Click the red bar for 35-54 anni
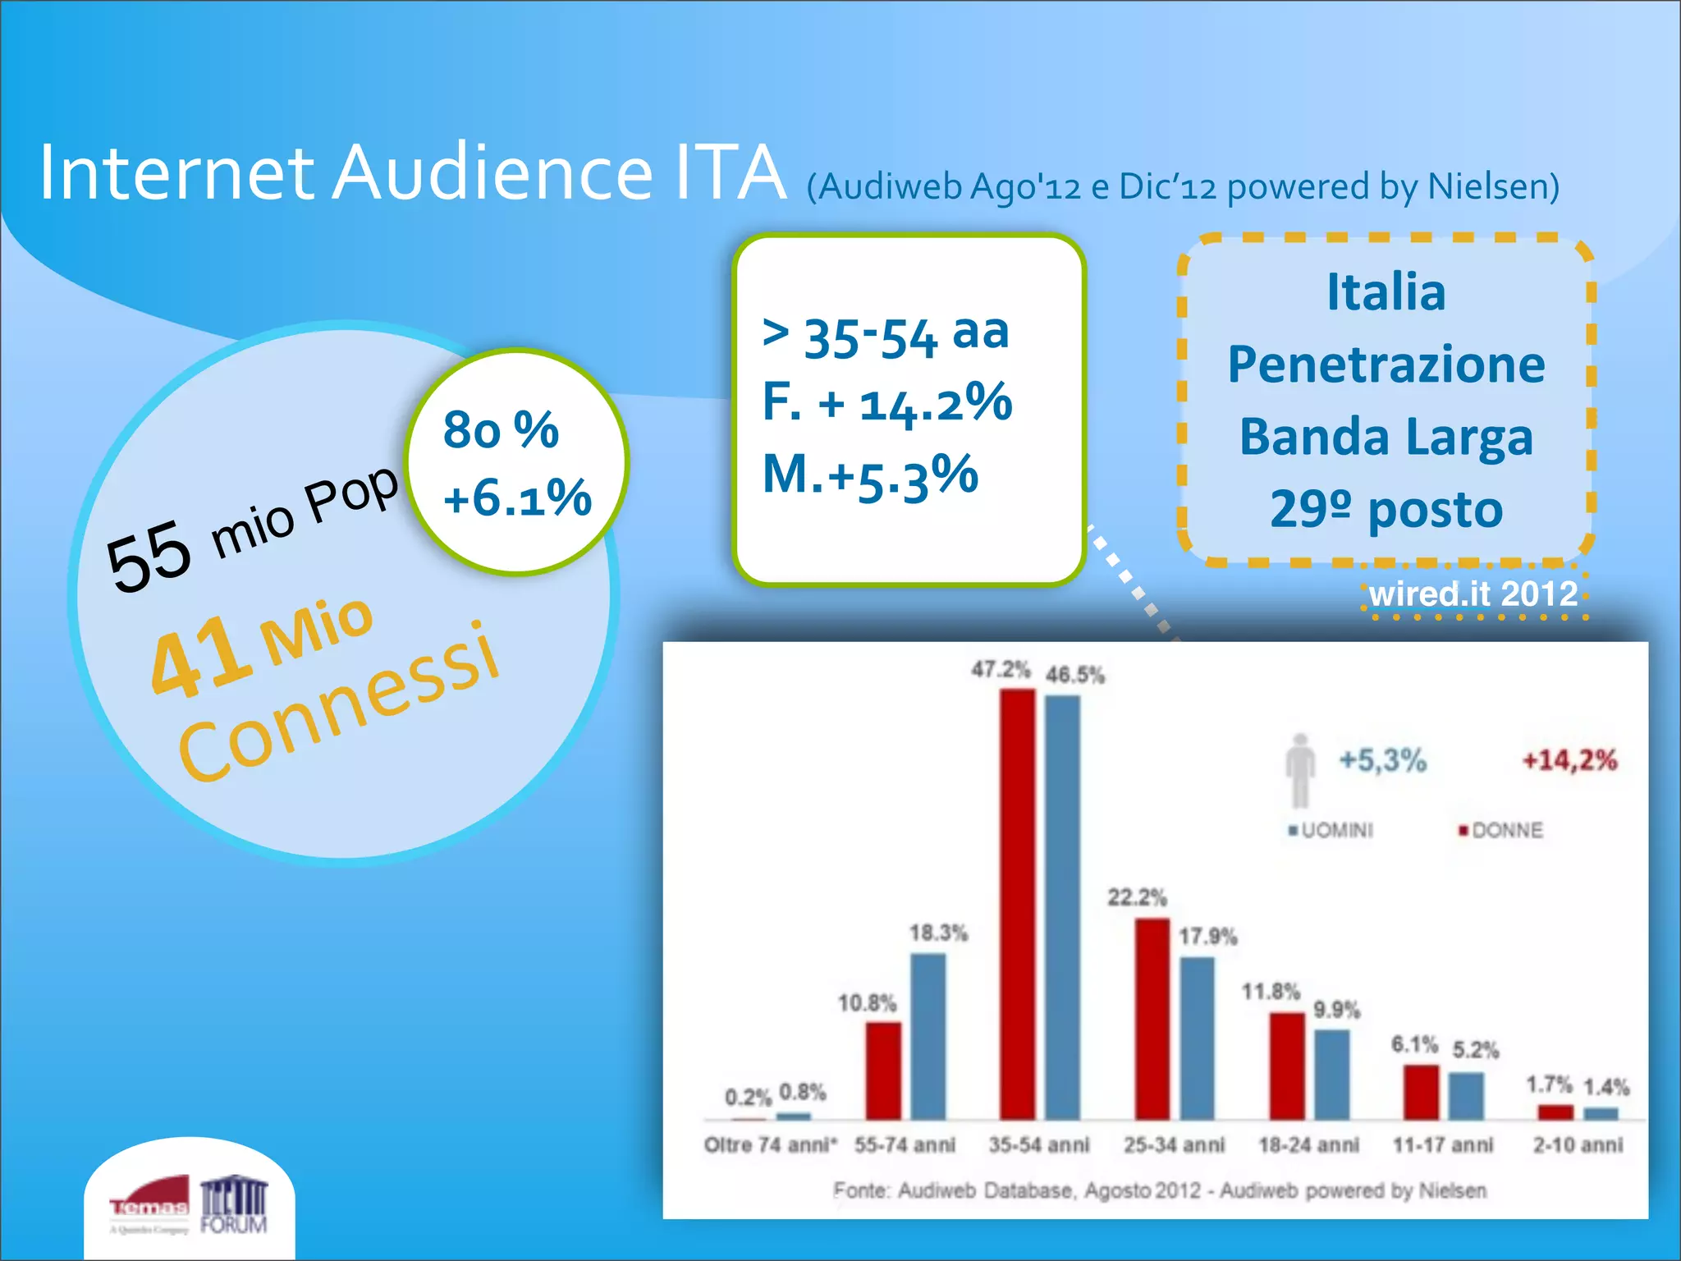coord(1017,903)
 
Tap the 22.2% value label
coord(1137,897)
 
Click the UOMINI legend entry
coord(1331,830)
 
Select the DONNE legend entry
coord(1500,830)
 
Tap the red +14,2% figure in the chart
coord(1569,760)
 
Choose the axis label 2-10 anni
coord(1578,1144)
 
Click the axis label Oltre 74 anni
coord(770,1144)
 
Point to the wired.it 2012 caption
coord(1473,594)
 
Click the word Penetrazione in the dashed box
coord(1386,365)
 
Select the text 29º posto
coord(1386,509)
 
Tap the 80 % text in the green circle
coord(501,429)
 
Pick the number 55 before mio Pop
coord(149,556)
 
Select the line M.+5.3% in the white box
coord(870,475)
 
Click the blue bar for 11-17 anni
coord(1466,1095)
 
